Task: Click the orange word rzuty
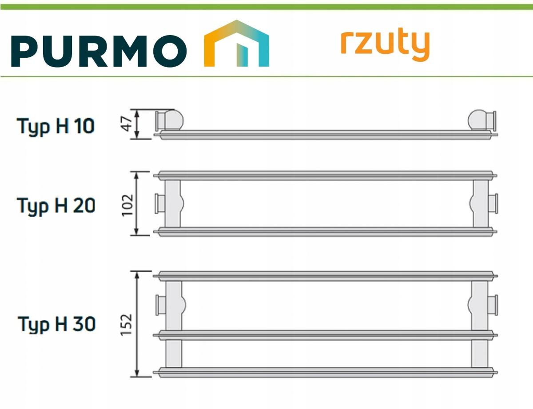pyautogui.click(x=385, y=45)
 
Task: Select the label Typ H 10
pyautogui.click(x=56, y=127)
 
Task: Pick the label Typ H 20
pyautogui.click(x=56, y=206)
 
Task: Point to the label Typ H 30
pyautogui.click(x=56, y=324)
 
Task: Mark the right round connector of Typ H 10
pyautogui.click(x=482, y=120)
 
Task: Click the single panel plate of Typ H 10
pyautogui.click(x=325, y=134)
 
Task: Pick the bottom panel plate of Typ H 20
pyautogui.click(x=325, y=231)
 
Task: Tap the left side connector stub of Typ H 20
pyautogui.click(x=159, y=203)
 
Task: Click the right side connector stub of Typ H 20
pyautogui.click(x=493, y=203)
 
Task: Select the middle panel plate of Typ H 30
pyautogui.click(x=325, y=334)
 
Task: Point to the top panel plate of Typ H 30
pyautogui.click(x=325, y=276)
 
